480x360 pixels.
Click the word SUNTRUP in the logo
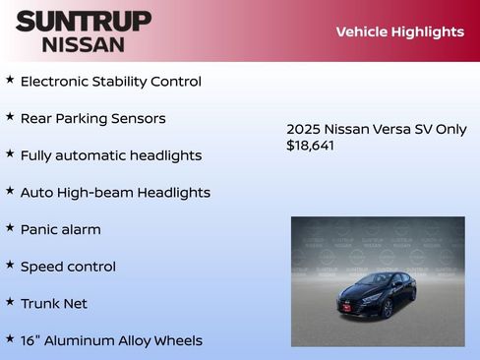click(x=84, y=21)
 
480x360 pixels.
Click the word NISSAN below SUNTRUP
click(x=84, y=44)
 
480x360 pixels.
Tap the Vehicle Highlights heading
click(x=399, y=31)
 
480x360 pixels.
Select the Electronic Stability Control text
click(x=110, y=82)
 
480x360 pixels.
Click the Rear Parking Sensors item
click(x=92, y=119)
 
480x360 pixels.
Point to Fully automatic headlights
click(x=110, y=155)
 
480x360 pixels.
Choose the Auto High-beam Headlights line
click(x=115, y=193)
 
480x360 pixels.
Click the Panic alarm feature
click(x=60, y=229)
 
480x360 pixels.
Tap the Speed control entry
click(x=68, y=267)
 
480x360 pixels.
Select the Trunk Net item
click(x=53, y=304)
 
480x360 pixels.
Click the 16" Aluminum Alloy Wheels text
click(x=111, y=340)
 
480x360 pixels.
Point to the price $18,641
click(x=310, y=146)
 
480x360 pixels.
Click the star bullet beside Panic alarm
click(x=10, y=227)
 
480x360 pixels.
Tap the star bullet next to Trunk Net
click(x=10, y=302)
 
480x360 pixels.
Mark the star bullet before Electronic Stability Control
click(x=10, y=80)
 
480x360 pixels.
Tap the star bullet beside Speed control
click(x=10, y=265)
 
